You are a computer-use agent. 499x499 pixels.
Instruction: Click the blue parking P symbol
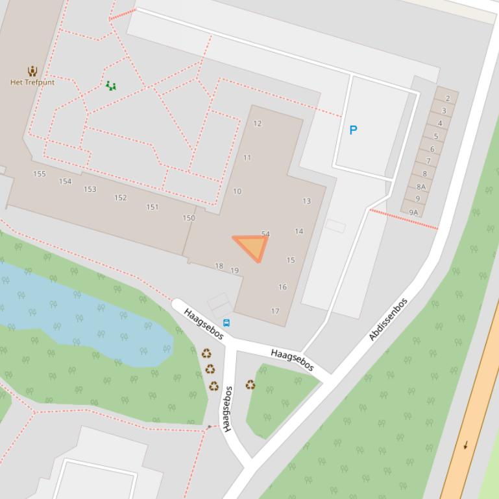pos(353,130)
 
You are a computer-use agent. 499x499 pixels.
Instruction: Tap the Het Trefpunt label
pos(32,82)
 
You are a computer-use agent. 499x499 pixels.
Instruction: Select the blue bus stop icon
pos(226,323)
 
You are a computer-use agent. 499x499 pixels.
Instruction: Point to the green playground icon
pos(111,86)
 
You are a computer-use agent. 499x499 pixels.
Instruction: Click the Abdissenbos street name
pos(388,319)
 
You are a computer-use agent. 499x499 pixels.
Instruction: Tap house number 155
pos(40,174)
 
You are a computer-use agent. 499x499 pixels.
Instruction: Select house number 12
pos(258,124)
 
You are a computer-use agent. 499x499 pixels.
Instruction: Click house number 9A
pos(413,212)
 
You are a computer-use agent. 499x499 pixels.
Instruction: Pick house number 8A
pos(421,187)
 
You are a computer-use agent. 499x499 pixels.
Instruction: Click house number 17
pos(275,312)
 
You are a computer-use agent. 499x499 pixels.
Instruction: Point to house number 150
pos(189,218)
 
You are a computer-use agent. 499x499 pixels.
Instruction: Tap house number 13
pos(307,201)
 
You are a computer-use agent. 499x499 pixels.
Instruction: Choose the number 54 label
pos(265,234)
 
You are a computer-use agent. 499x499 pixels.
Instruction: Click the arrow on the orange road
pos(465,445)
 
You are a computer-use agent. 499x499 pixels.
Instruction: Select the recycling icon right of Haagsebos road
pos(250,385)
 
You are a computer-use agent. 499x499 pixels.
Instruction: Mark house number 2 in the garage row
pos(448,99)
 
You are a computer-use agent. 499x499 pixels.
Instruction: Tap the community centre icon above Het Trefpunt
pos(32,71)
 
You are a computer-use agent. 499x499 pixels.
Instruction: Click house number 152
pos(121,198)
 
